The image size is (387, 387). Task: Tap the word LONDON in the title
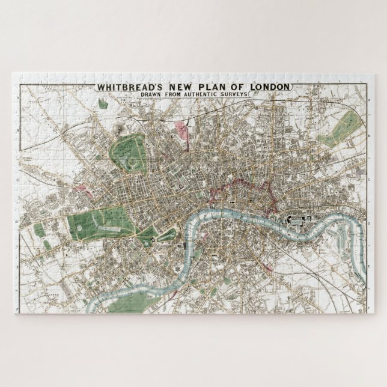coord(270,87)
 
